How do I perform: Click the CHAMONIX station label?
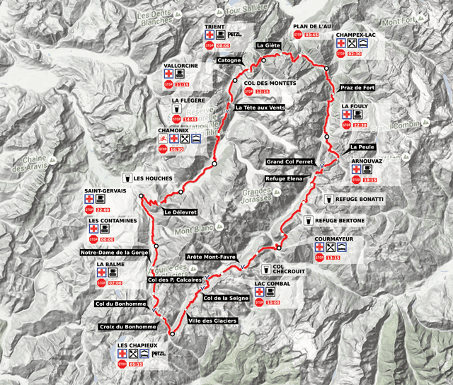tap(173, 130)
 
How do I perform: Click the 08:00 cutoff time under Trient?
tap(223, 45)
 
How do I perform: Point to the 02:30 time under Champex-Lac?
tap(355, 53)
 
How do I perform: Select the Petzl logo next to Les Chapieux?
tap(158, 352)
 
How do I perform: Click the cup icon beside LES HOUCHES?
tap(127, 178)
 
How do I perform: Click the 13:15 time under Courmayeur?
tap(332, 258)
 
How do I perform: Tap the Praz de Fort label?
tap(357, 87)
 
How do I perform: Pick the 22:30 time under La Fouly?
tap(360, 125)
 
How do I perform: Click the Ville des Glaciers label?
tap(212, 321)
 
